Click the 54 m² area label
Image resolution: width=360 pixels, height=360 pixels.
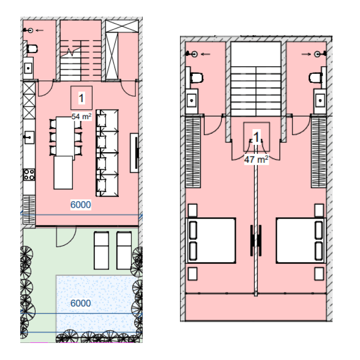(81, 117)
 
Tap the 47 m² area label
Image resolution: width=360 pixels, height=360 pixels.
(256, 159)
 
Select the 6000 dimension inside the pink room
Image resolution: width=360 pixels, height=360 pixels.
(81, 205)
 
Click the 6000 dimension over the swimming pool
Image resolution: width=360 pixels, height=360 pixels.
(81, 303)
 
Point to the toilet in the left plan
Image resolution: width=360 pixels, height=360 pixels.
(31, 49)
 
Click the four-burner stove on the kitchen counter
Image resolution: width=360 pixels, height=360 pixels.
(29, 175)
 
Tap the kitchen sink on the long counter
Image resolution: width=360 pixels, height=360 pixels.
(29, 138)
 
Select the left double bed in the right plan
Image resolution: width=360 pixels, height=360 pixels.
(211, 241)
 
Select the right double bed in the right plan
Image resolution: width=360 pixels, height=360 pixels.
(301, 241)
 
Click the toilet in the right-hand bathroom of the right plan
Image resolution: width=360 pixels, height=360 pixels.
(316, 77)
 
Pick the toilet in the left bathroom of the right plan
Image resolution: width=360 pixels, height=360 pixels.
(196, 77)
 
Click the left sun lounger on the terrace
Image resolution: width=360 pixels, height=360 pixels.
(101, 251)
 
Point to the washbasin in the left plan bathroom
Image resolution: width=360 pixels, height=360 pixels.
(28, 68)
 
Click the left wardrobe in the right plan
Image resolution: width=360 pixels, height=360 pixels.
(193, 152)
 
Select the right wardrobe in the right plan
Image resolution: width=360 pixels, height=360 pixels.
(319, 152)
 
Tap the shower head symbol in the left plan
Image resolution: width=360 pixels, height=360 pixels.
(30, 30)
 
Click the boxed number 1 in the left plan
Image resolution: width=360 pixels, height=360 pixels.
(81, 98)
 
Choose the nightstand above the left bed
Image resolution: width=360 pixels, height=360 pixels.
(193, 210)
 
